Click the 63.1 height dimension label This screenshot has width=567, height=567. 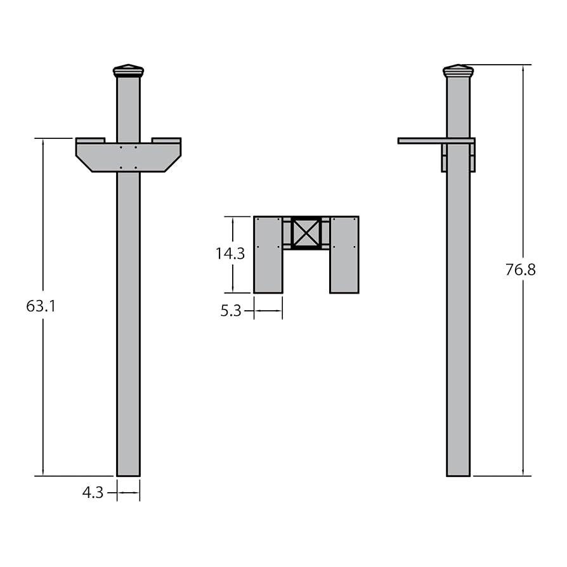coord(41,306)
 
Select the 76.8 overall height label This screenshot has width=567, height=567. coord(520,270)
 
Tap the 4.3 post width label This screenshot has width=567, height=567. coord(93,493)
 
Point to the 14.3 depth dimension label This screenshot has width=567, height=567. coord(230,254)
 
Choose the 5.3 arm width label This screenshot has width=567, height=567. coord(231,311)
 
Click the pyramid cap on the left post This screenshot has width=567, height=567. coord(128,71)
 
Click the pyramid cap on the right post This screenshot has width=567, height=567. coord(459,71)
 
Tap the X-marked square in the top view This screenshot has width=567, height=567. coord(306,233)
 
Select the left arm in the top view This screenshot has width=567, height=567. coord(268,254)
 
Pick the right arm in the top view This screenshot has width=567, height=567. coord(344,254)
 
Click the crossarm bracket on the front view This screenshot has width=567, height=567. coord(128,158)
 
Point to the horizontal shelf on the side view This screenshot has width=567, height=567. coord(436,141)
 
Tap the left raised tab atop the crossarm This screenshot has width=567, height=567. coord(91,140)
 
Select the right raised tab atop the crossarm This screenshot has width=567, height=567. coord(166,140)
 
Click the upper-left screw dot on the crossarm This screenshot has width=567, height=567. coord(121,148)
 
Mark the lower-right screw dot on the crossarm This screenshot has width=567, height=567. coord(136,168)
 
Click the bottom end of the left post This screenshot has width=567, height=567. coord(128,476)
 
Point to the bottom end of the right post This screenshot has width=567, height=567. coord(459,476)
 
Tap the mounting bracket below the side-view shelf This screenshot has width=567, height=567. coord(459,158)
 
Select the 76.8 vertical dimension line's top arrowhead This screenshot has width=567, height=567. coord(523,68)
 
